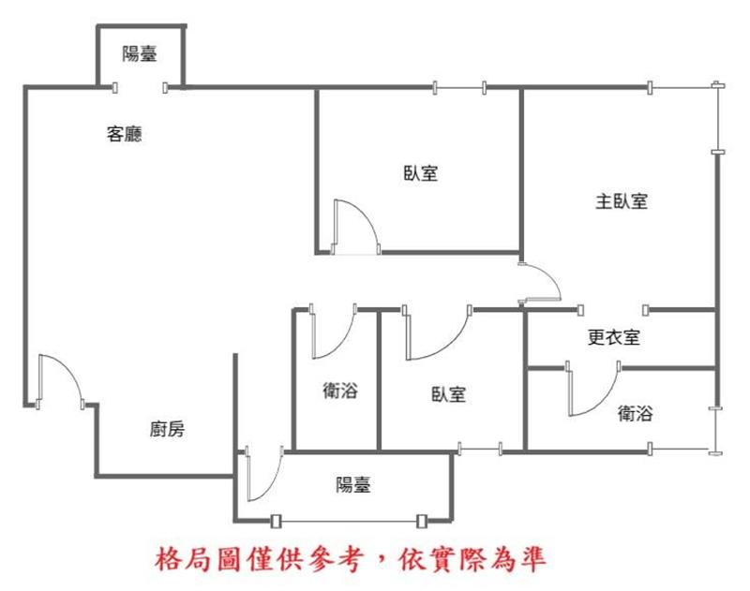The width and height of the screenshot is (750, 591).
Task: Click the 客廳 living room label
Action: tap(125, 134)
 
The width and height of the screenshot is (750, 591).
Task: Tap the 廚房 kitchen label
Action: tap(167, 429)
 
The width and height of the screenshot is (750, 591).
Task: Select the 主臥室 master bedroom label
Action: tap(622, 201)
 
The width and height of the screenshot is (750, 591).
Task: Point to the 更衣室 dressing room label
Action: tap(614, 337)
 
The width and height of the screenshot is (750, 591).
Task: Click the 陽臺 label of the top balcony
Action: tap(139, 53)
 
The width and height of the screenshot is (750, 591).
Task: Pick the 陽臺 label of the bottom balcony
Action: tap(353, 484)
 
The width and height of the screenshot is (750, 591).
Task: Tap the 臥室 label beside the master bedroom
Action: tap(420, 173)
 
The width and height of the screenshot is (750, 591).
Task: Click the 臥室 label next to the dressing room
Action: tap(448, 394)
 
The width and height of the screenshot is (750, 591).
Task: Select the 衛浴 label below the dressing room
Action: tap(635, 413)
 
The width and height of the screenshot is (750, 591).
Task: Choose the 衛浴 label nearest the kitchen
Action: tap(340, 391)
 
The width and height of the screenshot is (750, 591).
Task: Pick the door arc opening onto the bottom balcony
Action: tap(273, 486)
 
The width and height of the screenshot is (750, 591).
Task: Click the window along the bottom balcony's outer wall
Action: tap(347, 521)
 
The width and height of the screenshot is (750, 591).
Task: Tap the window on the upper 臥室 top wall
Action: tap(459, 88)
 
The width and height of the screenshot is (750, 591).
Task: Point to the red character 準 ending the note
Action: tap(532, 559)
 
